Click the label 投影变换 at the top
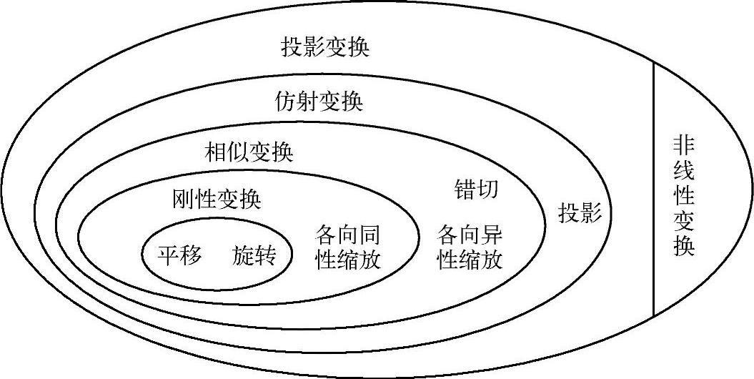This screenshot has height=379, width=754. (x=325, y=49)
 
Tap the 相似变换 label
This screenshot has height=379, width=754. (x=249, y=153)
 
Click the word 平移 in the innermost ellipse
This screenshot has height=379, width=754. (x=180, y=254)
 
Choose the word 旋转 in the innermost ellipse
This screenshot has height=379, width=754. (x=254, y=254)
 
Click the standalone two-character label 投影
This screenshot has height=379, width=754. (x=580, y=213)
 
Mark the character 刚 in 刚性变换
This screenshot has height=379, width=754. (x=184, y=198)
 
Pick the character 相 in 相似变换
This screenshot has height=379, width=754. (x=216, y=153)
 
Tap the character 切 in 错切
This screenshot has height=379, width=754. (x=488, y=189)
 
